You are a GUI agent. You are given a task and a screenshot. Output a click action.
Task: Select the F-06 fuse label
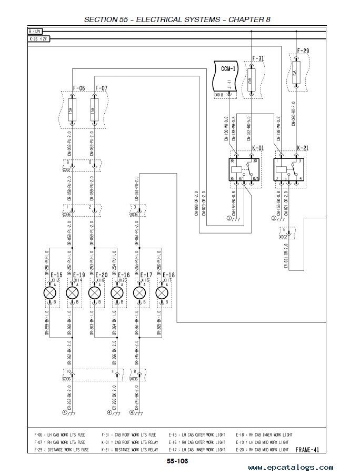[x=78, y=88]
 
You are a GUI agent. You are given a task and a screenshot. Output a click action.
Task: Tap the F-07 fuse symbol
[x=95, y=111]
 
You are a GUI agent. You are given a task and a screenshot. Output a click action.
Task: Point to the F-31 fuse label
[x=258, y=58]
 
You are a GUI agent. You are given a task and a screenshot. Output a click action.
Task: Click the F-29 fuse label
[x=303, y=51]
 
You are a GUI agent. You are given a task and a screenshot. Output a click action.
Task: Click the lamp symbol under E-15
[x=49, y=292]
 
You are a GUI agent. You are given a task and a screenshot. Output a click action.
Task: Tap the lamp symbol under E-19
[x=72, y=292]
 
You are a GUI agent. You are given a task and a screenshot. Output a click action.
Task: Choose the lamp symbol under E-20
[x=95, y=292]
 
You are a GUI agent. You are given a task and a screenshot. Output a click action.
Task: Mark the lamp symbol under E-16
[x=117, y=292]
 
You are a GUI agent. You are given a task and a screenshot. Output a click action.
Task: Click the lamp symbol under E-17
[x=139, y=292]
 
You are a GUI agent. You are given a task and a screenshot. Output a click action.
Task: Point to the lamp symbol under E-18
[x=162, y=292]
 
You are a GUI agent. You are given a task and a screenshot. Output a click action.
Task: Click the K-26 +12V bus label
[x=38, y=38]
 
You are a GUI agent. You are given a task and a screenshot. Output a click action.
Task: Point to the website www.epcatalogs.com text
[x=291, y=467]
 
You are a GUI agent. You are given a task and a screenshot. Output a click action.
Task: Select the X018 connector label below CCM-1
[x=219, y=95]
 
